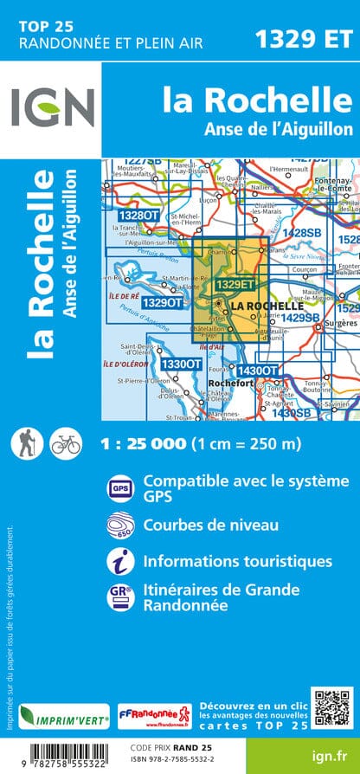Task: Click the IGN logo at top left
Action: point(52,111)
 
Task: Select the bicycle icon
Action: point(65,443)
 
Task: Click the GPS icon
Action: point(119,488)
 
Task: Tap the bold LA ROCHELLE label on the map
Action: point(269,306)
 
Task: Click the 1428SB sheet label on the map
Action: point(301,233)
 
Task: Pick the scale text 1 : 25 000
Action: point(143,444)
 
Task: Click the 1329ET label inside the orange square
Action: point(235,284)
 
